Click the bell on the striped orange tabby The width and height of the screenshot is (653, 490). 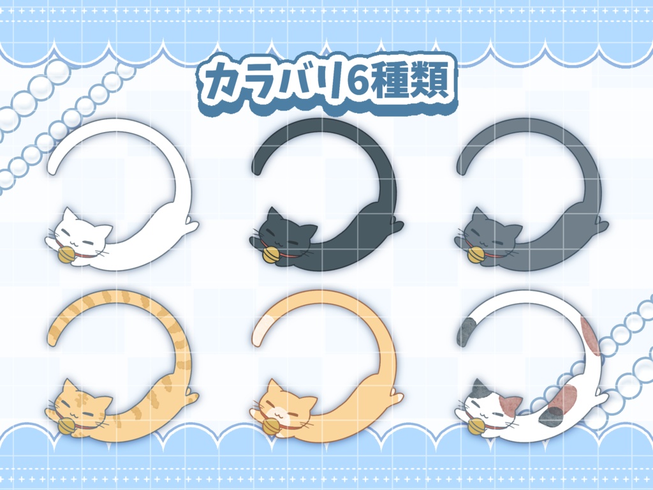point(66,426)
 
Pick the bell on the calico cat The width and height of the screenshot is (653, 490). point(475,426)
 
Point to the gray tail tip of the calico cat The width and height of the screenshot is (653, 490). point(465,332)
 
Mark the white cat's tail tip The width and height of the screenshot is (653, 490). point(54,165)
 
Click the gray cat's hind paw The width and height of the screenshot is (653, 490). point(600,225)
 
